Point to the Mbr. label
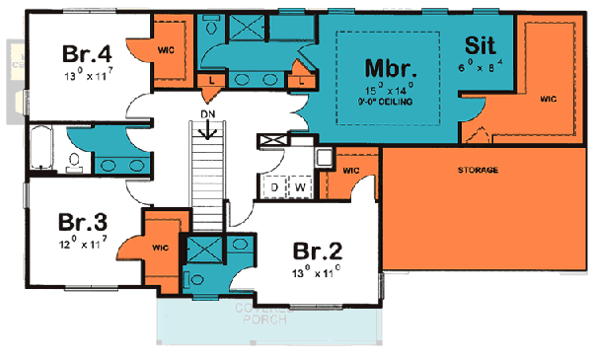[388, 70]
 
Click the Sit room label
[481, 45]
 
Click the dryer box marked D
[276, 184]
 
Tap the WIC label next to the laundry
[350, 169]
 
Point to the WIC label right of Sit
[550, 99]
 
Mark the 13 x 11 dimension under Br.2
[316, 268]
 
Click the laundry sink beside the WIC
[323, 156]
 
